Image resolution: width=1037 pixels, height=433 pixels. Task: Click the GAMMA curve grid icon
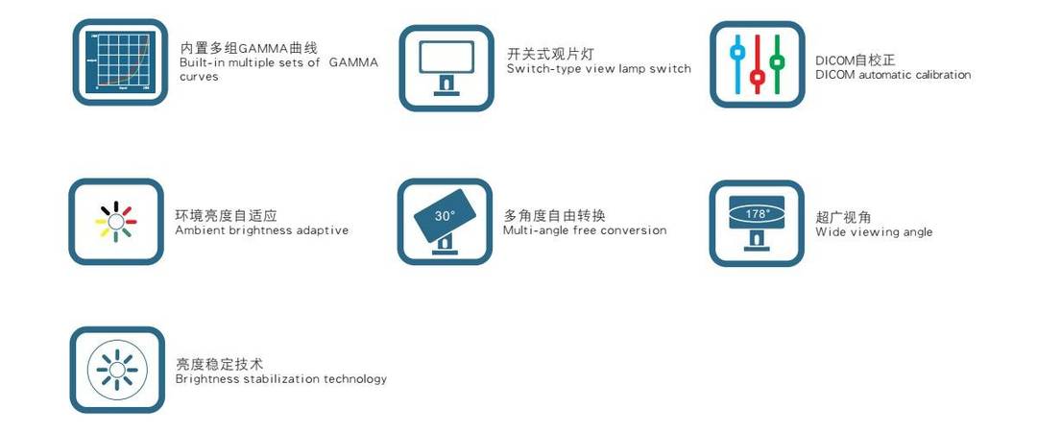[x=120, y=62]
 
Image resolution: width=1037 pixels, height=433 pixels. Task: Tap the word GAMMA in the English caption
[x=353, y=62]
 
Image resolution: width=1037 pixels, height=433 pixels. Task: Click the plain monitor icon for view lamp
[x=446, y=68]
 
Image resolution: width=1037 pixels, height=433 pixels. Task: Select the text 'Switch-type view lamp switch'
[x=599, y=69]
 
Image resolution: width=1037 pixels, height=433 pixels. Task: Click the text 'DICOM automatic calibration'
[x=894, y=75]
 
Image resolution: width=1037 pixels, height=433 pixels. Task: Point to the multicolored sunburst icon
[x=116, y=221]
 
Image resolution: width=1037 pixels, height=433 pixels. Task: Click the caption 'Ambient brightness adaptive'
[x=262, y=230]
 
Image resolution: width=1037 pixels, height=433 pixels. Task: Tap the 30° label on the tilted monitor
[x=446, y=215]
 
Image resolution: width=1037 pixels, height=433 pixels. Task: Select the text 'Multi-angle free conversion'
[x=585, y=230]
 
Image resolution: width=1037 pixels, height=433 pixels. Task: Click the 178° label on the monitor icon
[x=758, y=214]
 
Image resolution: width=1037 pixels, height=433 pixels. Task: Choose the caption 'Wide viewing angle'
[x=874, y=232]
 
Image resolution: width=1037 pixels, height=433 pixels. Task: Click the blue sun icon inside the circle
[x=117, y=370]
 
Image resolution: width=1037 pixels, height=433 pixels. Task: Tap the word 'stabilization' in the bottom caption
[x=280, y=379]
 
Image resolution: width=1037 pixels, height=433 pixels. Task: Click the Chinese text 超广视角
[x=843, y=217]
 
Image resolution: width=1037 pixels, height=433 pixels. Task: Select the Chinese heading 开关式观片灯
[x=551, y=54]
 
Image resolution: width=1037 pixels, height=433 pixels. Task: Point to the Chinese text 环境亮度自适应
[x=227, y=215]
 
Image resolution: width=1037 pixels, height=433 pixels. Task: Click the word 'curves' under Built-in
[x=199, y=77]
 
